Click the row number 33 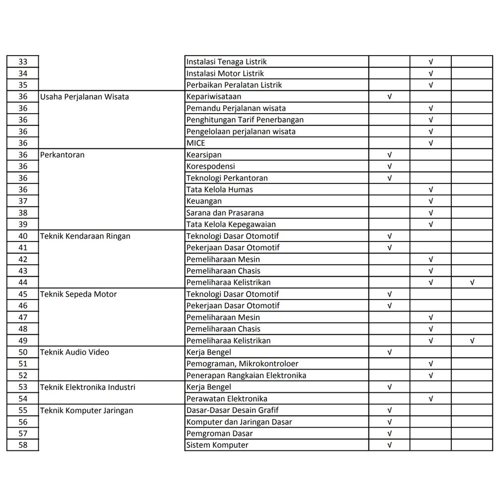[x=23, y=62]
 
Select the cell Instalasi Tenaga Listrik [x=226, y=62]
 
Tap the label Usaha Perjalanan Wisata [x=84, y=97]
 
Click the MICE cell [x=195, y=143]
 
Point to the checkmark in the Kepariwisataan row [x=389, y=97]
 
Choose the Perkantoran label [x=62, y=155]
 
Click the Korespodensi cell [x=210, y=167]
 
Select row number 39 [x=23, y=225]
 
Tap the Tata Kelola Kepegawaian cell [x=231, y=225]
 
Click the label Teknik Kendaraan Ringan [x=85, y=236]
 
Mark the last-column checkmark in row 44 [x=472, y=283]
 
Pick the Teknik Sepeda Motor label [x=78, y=294]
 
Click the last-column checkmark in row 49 [x=472, y=341]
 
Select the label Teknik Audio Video [x=74, y=352]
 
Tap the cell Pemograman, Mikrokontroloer [x=242, y=364]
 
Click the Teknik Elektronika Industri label [x=87, y=387]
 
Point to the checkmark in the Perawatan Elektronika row [x=431, y=399]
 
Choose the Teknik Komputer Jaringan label [x=86, y=410]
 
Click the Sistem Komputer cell [x=217, y=445]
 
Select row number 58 [x=23, y=445]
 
